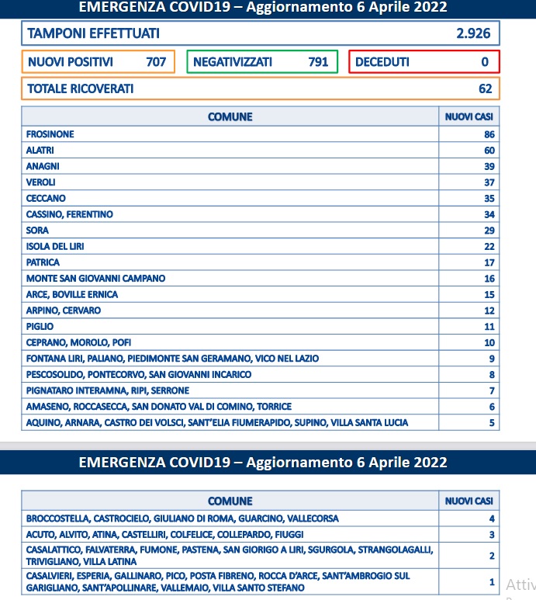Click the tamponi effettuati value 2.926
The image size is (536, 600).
pyautogui.click(x=474, y=33)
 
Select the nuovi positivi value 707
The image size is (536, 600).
pyautogui.click(x=156, y=62)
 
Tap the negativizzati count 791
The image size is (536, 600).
pyautogui.click(x=318, y=62)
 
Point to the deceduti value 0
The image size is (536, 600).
pyautogui.click(x=485, y=62)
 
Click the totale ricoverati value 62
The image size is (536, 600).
pyautogui.click(x=485, y=88)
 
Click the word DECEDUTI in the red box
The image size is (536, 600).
pyautogui.click(x=382, y=62)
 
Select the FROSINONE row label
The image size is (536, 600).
pyautogui.click(x=50, y=134)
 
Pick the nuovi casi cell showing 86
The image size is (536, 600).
pyautogui.click(x=489, y=134)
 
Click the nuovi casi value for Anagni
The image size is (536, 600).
pyautogui.click(x=489, y=166)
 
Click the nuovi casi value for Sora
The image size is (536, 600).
pyautogui.click(x=489, y=231)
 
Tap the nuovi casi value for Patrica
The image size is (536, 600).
pyautogui.click(x=489, y=262)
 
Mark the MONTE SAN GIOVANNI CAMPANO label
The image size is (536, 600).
pyautogui.click(x=95, y=278)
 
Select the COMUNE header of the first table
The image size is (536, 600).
pyautogui.click(x=230, y=117)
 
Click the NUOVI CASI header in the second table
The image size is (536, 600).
pyautogui.click(x=469, y=501)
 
